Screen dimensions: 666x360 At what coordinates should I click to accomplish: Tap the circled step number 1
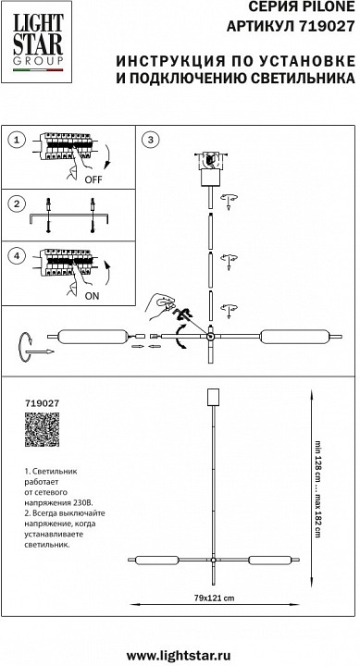pos(16,140)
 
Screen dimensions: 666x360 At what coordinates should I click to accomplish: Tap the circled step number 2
pos(16,204)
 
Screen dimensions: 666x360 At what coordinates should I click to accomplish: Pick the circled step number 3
pos(153,140)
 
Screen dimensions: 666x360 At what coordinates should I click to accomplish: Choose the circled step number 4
pos(16,253)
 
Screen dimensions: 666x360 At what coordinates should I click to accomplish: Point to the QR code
pos(41,434)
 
